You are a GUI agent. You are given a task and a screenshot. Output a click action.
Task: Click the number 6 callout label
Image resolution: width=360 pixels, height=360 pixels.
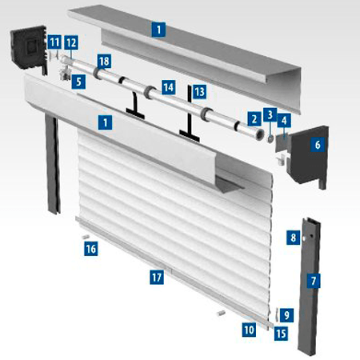point(318,145)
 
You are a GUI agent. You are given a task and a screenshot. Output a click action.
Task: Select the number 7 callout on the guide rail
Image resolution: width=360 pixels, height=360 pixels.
point(314,281)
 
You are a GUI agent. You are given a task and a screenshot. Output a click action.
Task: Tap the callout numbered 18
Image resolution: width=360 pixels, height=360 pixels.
point(104,62)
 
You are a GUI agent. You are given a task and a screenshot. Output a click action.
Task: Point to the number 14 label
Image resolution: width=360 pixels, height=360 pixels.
point(169,87)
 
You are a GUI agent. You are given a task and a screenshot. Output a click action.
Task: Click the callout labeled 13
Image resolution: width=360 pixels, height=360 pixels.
point(199,92)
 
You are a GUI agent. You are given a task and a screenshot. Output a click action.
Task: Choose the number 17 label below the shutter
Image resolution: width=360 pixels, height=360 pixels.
point(157,278)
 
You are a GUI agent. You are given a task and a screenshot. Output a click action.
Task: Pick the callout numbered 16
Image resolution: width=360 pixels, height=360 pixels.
point(90,249)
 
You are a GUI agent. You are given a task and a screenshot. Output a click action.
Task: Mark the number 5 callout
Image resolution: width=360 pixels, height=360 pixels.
point(78,82)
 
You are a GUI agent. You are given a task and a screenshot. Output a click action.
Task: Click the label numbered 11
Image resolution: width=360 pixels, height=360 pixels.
point(54,42)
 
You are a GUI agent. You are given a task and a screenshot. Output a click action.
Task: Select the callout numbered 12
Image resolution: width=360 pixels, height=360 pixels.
point(71,42)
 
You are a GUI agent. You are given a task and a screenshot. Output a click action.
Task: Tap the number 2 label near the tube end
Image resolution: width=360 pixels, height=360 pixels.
point(254,119)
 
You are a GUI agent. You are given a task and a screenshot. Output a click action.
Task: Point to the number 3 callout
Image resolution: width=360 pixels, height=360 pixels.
point(270,114)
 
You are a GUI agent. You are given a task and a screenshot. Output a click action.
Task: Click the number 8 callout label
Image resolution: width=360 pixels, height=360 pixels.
point(294,238)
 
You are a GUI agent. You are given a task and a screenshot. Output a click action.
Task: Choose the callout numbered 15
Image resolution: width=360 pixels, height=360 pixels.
point(281,334)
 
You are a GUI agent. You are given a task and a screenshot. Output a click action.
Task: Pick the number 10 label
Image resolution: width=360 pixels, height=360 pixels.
point(249,330)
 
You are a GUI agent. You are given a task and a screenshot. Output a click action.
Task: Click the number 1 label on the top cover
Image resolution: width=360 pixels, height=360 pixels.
point(158,30)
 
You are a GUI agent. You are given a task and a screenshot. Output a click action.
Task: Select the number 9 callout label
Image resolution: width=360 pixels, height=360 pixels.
point(286,315)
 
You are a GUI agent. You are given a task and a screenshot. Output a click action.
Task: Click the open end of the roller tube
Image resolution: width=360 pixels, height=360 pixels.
point(259,134)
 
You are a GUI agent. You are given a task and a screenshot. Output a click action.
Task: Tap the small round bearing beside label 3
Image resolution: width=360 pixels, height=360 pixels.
point(270,139)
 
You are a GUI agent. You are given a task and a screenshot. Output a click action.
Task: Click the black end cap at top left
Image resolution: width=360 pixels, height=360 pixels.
point(29,48)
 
